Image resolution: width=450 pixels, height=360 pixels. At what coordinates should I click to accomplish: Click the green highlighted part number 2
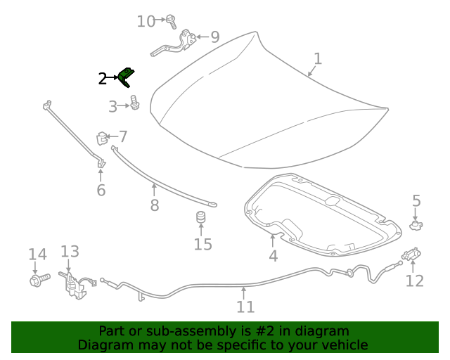[127, 77]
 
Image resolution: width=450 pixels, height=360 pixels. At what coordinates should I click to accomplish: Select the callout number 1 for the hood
[318, 58]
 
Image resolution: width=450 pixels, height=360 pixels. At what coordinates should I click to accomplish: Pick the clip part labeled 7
[102, 137]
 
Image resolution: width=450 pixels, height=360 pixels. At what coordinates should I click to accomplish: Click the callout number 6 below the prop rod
[101, 191]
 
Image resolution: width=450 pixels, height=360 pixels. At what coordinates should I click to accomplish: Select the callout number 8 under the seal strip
[154, 205]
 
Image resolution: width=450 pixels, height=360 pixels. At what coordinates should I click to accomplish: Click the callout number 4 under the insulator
[273, 256]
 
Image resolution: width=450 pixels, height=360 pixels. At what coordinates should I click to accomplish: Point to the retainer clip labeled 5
[416, 225]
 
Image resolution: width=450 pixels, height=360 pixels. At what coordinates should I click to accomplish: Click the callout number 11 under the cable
[245, 307]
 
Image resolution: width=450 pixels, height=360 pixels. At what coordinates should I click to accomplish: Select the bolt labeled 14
[37, 281]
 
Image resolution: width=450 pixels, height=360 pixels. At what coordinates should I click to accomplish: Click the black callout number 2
[103, 79]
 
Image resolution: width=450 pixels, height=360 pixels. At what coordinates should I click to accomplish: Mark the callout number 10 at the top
[146, 21]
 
